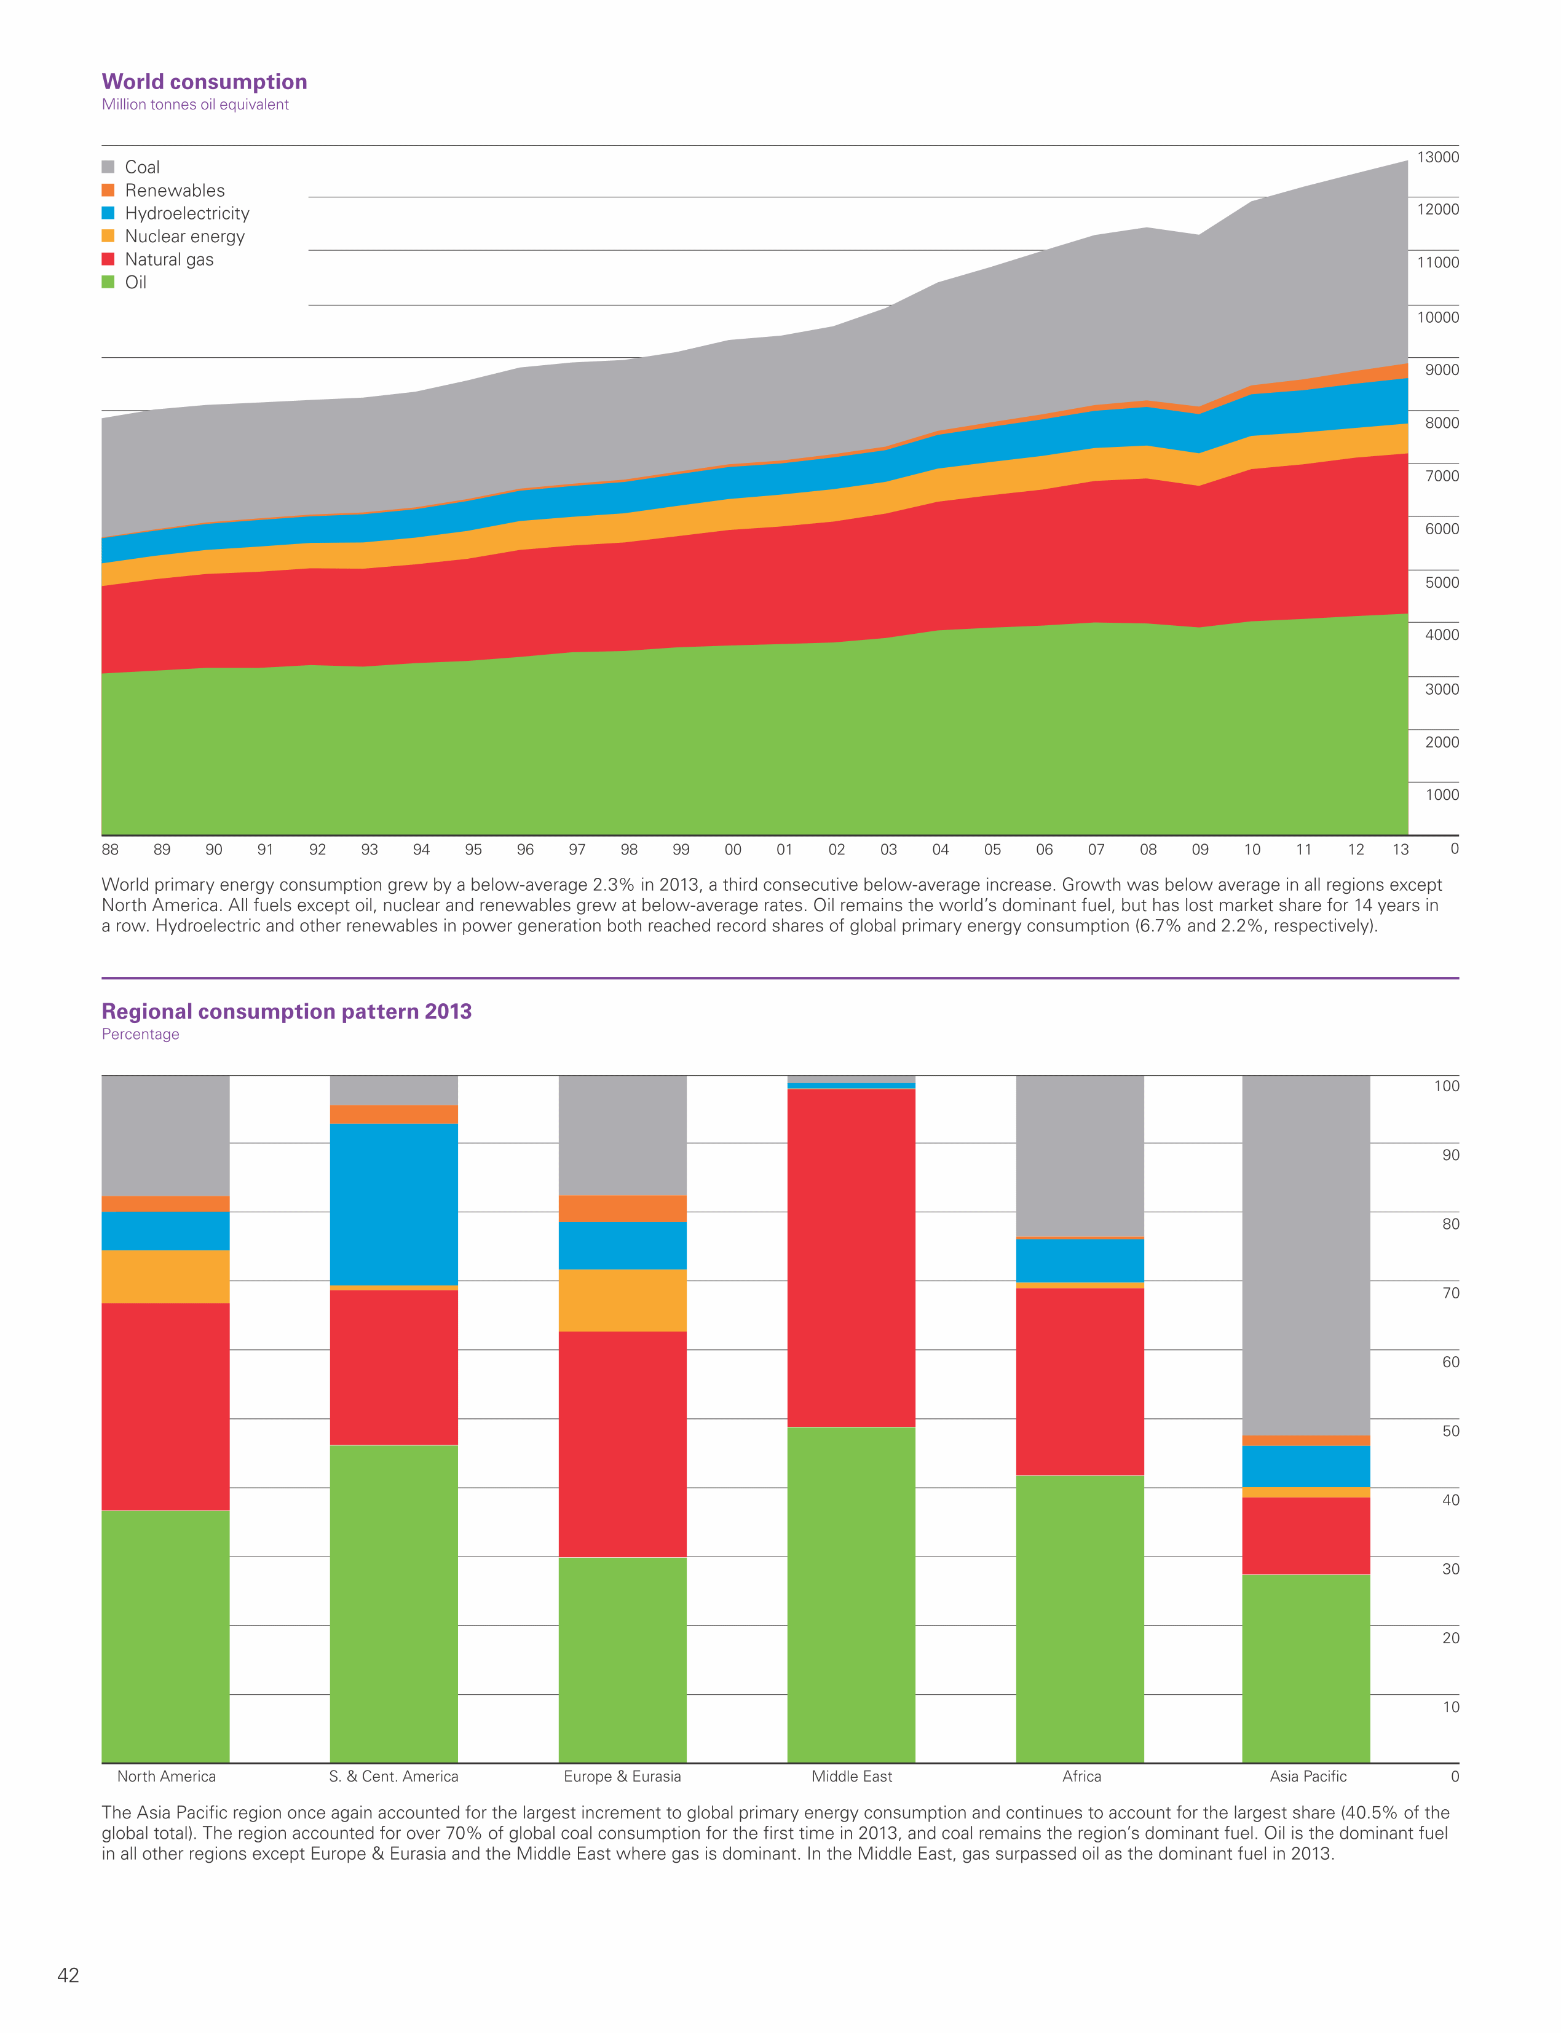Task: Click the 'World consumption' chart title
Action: (x=204, y=82)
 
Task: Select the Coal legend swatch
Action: (x=108, y=167)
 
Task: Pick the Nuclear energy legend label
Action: (x=185, y=237)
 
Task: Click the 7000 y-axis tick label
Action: (x=1441, y=476)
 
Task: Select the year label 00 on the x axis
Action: (x=733, y=849)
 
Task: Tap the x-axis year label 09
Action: (x=1199, y=849)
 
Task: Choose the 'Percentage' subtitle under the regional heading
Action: (x=140, y=1034)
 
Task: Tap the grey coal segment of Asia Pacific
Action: (x=1305, y=1254)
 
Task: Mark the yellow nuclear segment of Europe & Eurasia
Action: (x=623, y=1300)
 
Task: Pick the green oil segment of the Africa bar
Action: (x=1080, y=1619)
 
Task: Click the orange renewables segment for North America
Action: (x=165, y=1204)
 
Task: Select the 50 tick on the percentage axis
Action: (x=1450, y=1431)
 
